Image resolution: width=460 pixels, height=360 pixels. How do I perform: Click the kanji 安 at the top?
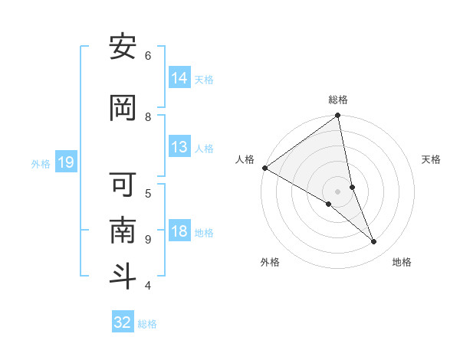(x=123, y=47)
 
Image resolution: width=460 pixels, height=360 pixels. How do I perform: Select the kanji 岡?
(x=123, y=109)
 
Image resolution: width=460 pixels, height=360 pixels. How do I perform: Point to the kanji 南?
(x=123, y=231)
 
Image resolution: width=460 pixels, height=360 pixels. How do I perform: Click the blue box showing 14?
(x=179, y=77)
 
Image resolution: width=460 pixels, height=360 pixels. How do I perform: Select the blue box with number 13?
(x=179, y=147)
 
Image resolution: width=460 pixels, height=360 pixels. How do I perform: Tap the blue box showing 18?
(x=179, y=231)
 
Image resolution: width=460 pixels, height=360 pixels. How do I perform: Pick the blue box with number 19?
(x=66, y=162)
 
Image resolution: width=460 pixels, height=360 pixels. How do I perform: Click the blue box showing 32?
(x=123, y=322)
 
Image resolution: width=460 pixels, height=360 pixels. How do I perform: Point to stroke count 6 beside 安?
(x=148, y=55)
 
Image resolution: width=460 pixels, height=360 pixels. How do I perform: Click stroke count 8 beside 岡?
(x=148, y=116)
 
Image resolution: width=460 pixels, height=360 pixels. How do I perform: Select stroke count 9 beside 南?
(x=148, y=239)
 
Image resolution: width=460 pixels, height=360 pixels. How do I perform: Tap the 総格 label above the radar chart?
(x=338, y=100)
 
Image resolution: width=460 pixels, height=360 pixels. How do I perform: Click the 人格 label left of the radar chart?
(x=245, y=159)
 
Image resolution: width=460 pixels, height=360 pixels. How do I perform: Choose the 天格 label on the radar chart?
(x=432, y=159)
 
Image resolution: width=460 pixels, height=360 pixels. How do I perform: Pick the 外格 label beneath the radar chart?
(x=270, y=262)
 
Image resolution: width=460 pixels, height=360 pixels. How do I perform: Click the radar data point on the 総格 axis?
(x=338, y=116)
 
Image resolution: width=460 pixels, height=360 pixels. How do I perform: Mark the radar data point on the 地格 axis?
(x=374, y=241)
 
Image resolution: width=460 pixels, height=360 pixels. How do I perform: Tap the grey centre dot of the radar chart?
(x=338, y=191)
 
